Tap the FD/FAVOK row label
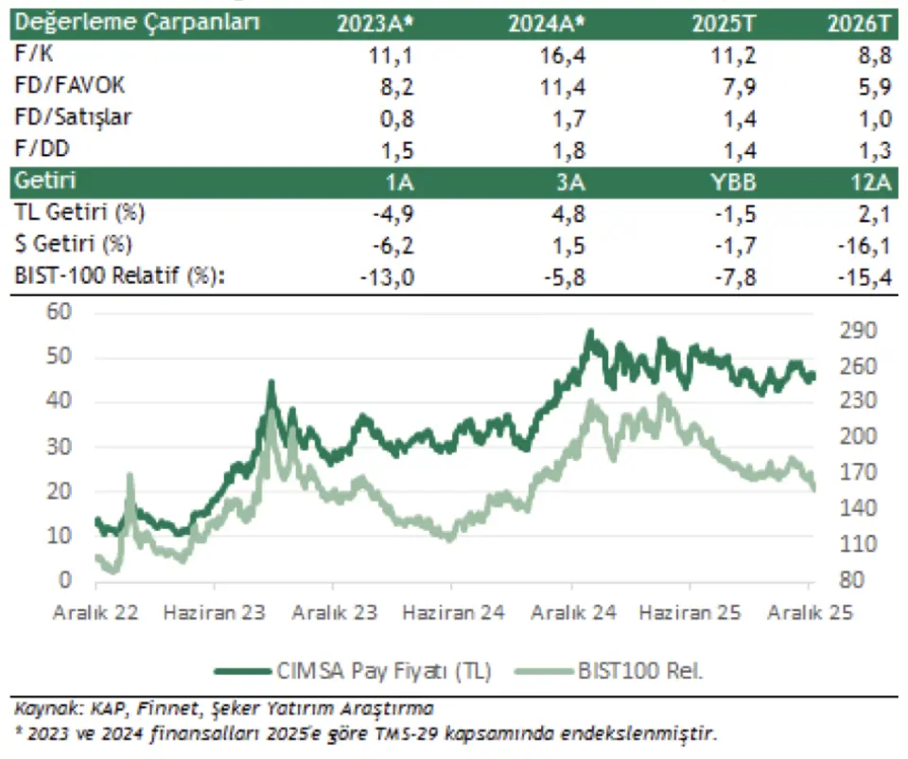71,87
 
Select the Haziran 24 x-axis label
453,612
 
